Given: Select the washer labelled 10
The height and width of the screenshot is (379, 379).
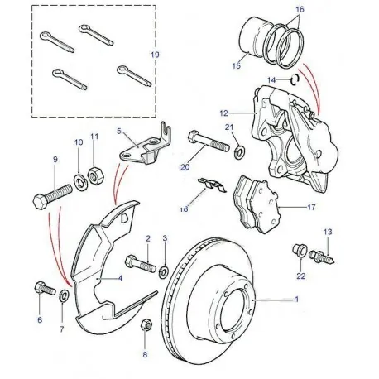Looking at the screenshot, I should coord(82,180).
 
